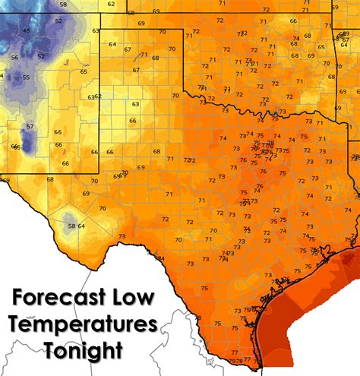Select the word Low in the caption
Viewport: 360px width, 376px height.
point(137,297)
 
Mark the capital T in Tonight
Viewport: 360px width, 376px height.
point(51,352)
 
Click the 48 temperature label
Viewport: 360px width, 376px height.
point(27,31)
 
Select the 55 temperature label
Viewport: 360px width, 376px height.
point(25,77)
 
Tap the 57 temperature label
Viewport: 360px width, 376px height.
point(30,126)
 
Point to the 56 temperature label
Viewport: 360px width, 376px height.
point(14,58)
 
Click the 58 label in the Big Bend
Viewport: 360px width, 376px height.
point(71,226)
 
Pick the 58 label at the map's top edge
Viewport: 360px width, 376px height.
point(62,5)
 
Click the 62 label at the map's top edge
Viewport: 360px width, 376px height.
point(112,5)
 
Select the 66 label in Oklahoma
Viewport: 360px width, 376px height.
point(293,21)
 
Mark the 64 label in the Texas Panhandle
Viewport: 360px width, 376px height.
point(113,44)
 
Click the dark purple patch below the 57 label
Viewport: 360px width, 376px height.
point(29,141)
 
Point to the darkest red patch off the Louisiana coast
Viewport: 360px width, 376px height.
point(351,261)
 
